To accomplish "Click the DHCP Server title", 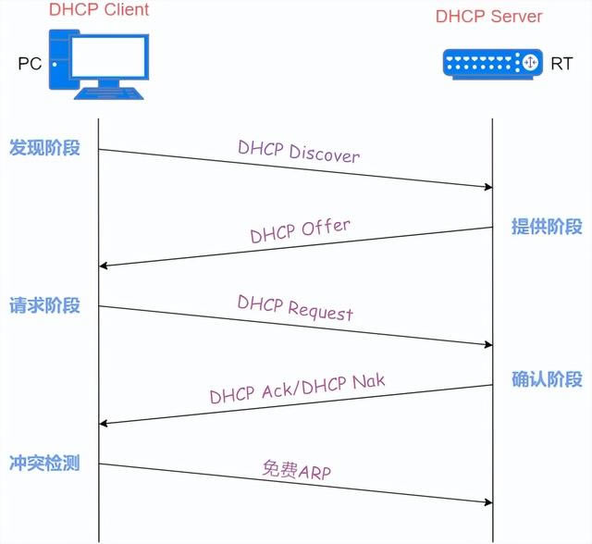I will coord(488,17).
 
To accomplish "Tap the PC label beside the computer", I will coord(30,64).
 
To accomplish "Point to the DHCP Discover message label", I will coord(298,152).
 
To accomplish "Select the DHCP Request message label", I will coord(295,308).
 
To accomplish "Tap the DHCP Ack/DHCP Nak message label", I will coord(297,389).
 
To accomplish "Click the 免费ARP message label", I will coord(297,469).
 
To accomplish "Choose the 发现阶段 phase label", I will coord(44,148).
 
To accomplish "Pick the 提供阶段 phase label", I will coord(547,227).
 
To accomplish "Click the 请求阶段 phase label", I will coord(44,305).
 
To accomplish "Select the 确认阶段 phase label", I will coord(547,379).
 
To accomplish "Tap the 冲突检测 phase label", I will coord(44,463).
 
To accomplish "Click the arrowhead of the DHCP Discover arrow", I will coord(487,187).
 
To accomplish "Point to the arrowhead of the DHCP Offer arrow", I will coord(104,266).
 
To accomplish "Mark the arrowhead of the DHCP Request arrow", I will coord(487,345).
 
